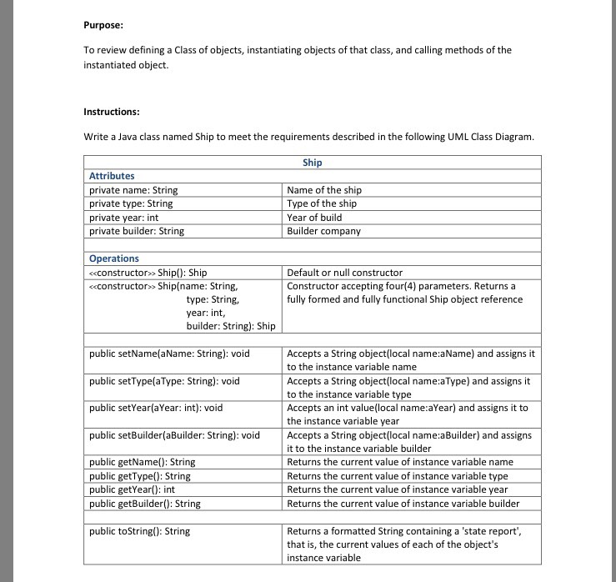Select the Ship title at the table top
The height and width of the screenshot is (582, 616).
click(x=313, y=163)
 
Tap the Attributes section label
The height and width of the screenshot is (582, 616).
click(x=112, y=176)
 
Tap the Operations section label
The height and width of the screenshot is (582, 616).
click(x=114, y=258)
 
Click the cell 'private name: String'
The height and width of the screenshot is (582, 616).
click(x=133, y=190)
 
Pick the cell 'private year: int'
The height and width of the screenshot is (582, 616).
click(x=123, y=218)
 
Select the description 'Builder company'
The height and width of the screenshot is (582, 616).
click(x=323, y=231)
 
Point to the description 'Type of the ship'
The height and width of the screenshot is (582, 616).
click(x=322, y=203)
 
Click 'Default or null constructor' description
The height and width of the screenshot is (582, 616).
click(x=344, y=273)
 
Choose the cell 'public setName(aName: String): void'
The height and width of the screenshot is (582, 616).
click(x=169, y=354)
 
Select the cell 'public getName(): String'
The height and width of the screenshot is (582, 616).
click(x=142, y=462)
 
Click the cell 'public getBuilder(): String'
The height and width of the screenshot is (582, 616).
click(x=144, y=503)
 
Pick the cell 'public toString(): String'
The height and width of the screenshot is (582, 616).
click(x=139, y=531)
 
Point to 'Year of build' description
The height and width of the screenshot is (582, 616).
click(x=314, y=218)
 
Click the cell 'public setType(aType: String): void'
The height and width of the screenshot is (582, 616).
click(x=164, y=381)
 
